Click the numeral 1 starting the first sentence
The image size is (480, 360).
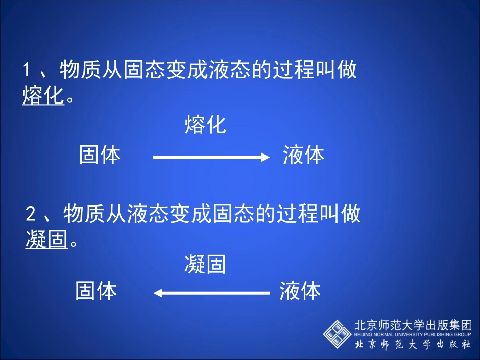tap(27, 70)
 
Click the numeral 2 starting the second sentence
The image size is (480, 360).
tap(31, 215)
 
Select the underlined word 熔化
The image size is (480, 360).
tap(43, 96)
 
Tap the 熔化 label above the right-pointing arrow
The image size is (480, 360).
tap(205, 125)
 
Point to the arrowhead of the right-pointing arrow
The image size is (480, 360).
tap(266, 158)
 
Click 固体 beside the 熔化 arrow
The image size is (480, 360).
tap(100, 155)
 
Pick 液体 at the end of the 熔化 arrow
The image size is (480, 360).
tap(304, 155)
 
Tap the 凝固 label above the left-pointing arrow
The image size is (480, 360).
tap(205, 265)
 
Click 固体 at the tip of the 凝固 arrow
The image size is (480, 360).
tap(96, 291)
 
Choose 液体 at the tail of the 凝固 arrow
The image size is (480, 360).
tap(300, 291)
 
